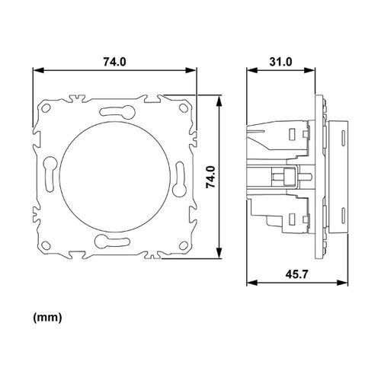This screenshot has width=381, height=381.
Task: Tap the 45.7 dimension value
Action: click(280, 273)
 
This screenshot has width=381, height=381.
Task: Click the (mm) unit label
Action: click(47, 315)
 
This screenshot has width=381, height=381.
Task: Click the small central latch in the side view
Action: click(287, 176)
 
